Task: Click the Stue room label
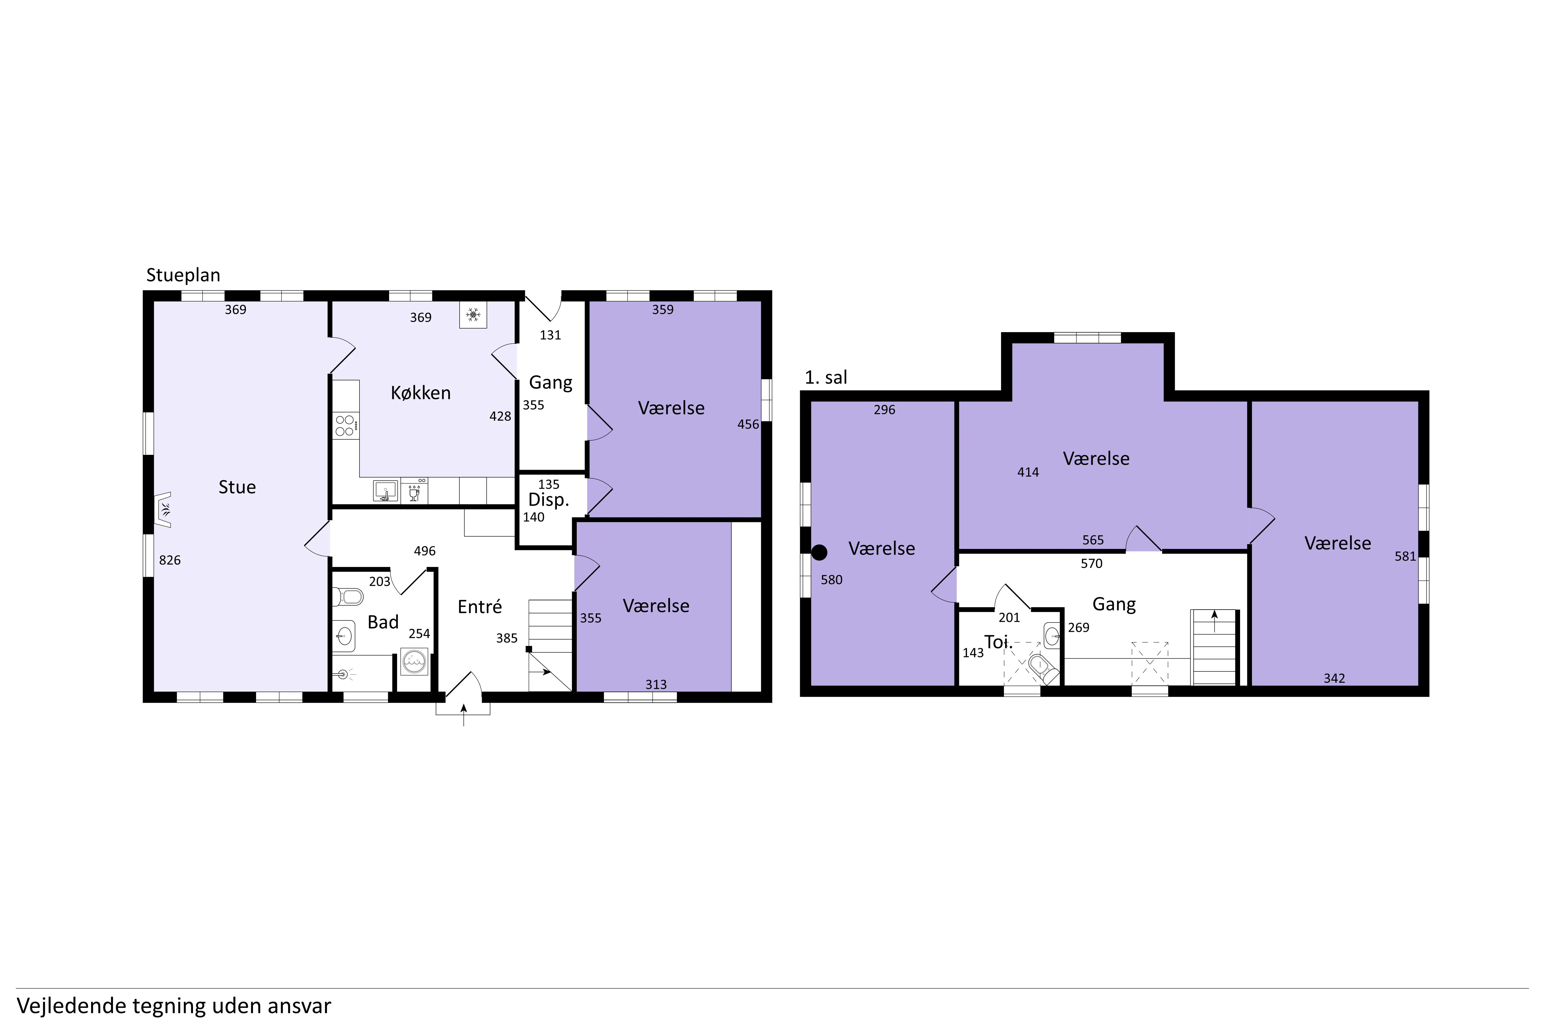[x=237, y=487]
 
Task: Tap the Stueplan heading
[x=183, y=275]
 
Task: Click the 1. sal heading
[x=826, y=377]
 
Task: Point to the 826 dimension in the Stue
[x=170, y=560]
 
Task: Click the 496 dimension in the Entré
[x=425, y=551]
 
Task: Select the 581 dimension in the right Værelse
[x=1406, y=556]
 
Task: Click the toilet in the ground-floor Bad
[x=348, y=597]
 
